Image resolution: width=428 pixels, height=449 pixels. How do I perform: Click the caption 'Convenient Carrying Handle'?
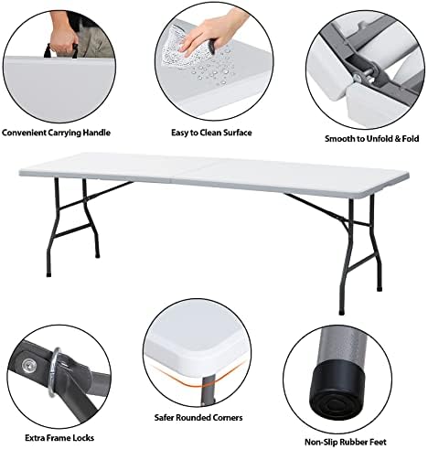56,133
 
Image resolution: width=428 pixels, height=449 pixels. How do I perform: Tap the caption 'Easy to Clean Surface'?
211,133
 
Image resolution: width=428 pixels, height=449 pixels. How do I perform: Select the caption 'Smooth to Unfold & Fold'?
371,139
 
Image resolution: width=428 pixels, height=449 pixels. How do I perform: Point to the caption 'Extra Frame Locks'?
59,438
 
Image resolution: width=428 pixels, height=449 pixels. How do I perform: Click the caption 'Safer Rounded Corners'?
198,417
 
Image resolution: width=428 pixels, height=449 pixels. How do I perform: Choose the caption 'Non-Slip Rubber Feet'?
346,442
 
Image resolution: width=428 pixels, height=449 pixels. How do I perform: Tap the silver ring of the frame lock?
54,371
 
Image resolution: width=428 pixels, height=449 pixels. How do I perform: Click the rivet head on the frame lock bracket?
29,364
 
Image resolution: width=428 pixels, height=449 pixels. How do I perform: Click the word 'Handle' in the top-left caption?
97,133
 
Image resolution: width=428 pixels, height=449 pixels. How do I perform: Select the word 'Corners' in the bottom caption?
227,417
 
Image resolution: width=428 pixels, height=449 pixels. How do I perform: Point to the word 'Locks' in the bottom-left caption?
83,438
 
